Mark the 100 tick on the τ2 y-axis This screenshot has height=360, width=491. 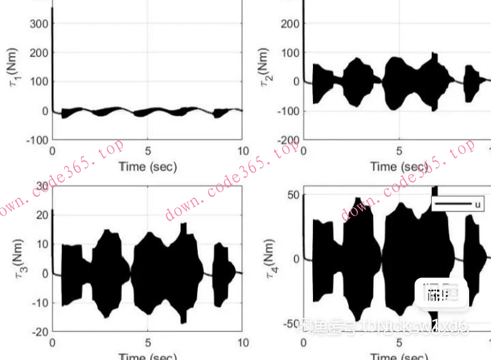(290, 52)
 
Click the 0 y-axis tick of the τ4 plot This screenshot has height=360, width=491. (297, 259)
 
